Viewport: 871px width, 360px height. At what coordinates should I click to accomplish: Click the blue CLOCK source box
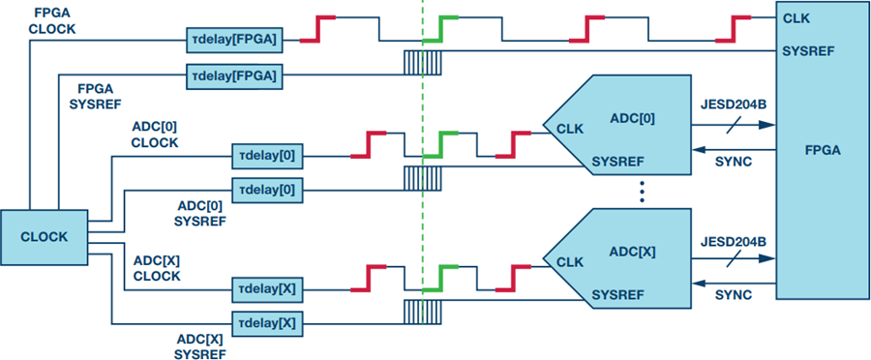pos(44,237)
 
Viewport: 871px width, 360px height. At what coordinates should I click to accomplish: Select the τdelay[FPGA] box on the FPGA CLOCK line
pos(234,40)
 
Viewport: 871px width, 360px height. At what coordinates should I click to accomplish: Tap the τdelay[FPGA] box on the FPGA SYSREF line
pos(234,76)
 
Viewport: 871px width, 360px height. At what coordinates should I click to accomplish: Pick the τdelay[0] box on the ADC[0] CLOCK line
pos(267,156)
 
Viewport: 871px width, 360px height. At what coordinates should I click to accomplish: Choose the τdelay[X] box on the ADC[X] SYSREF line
pos(267,323)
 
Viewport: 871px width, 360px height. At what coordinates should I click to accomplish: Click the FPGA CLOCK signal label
pos(52,21)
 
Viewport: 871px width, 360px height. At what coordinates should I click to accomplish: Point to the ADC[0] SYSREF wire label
pos(200,214)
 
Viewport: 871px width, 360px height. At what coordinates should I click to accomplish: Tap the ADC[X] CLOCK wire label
pos(156,269)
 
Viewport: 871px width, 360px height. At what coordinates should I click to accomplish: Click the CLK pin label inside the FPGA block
pos(796,19)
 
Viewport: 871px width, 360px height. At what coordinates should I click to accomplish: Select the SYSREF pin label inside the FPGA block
pos(808,51)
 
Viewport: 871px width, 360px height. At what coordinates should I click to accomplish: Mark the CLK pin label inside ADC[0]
pos(570,130)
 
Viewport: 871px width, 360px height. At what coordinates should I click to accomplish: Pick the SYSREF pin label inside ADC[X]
pos(618,294)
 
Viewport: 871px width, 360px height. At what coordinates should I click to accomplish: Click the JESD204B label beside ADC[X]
pos(734,242)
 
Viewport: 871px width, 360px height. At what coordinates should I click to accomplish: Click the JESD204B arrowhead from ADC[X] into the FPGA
pos(767,258)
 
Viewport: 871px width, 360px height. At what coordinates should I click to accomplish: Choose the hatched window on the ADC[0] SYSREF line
pos(422,178)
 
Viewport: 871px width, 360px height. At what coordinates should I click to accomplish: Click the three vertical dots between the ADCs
pos(642,192)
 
